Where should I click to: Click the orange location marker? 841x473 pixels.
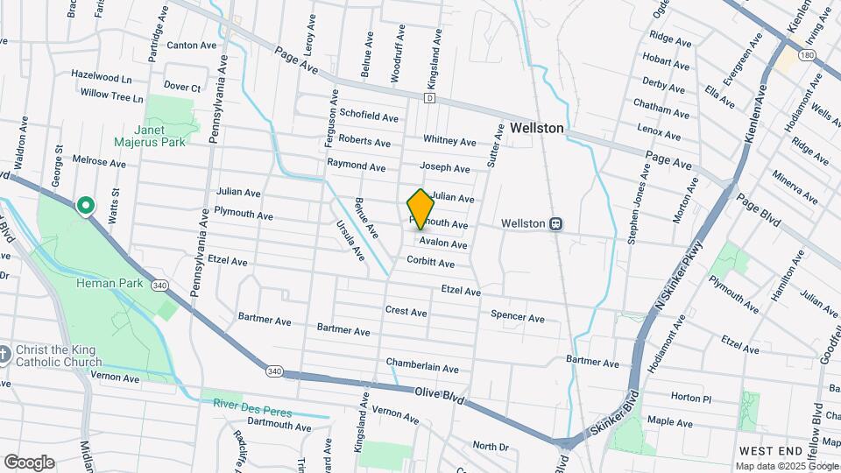coord(420,208)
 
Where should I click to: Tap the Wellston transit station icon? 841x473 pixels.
coord(555,223)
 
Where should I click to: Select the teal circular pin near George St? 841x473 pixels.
coord(86,206)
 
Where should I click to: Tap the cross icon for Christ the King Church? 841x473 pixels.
coord(4,354)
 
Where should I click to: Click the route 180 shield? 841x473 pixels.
coord(806,55)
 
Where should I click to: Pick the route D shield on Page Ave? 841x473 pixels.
coord(429,98)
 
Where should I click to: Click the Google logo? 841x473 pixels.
coord(29,462)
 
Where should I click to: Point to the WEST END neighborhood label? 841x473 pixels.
coord(771,450)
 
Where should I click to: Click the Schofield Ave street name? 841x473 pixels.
coord(369,116)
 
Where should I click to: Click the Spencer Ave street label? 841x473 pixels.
coord(518,316)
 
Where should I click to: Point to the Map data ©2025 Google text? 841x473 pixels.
coord(786,466)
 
